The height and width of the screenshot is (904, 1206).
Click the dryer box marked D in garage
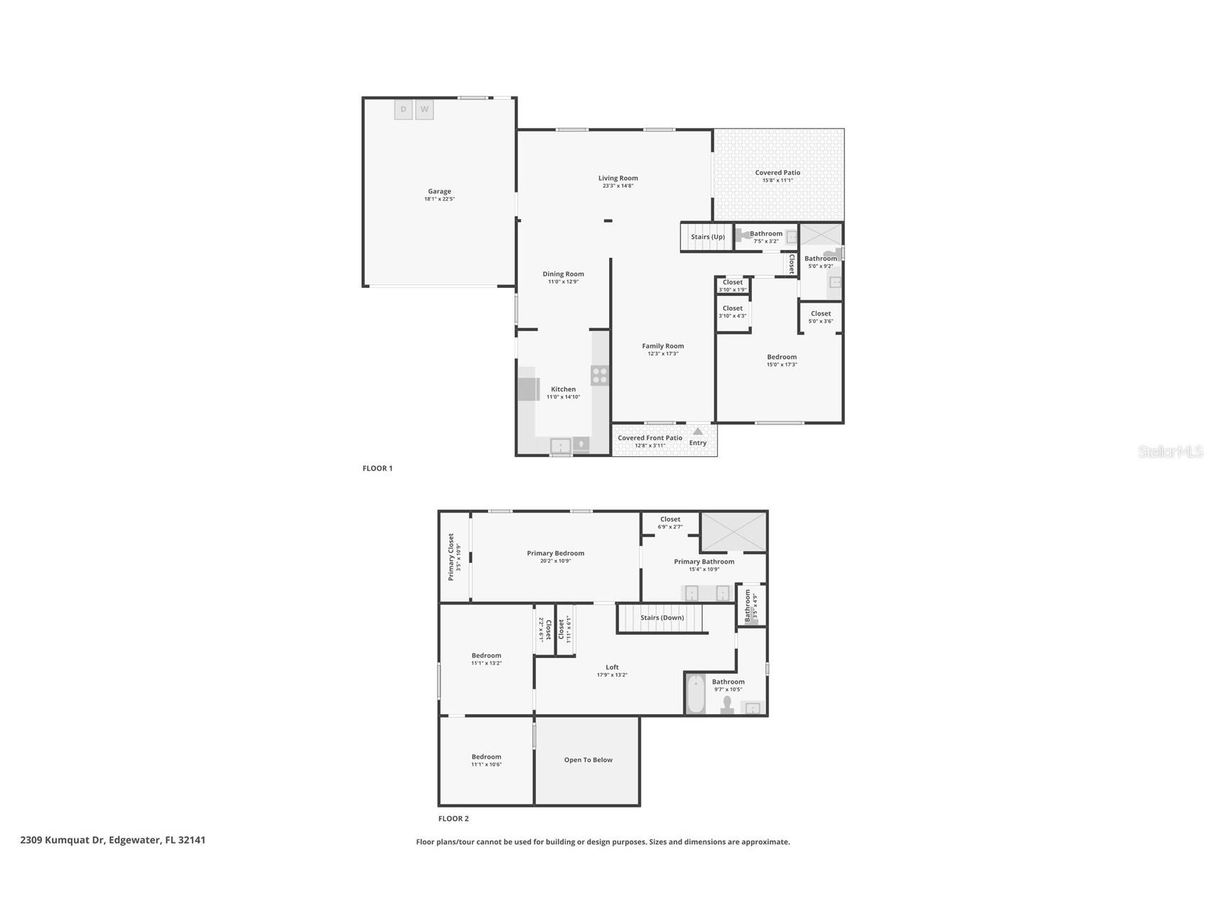click(x=403, y=109)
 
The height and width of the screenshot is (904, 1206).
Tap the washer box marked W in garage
click(x=424, y=109)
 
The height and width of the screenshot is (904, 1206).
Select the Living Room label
click(x=618, y=178)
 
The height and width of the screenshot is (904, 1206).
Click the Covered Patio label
click(x=777, y=173)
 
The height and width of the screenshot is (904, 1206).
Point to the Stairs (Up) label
click(x=708, y=237)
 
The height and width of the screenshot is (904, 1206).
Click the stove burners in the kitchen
click(x=600, y=375)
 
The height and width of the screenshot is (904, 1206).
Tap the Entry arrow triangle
click(x=698, y=431)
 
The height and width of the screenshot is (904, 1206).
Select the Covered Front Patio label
click(x=650, y=438)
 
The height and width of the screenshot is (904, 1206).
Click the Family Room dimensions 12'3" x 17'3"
click(x=663, y=354)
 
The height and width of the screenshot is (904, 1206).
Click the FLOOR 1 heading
click(x=377, y=468)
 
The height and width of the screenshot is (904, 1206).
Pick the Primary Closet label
click(x=451, y=556)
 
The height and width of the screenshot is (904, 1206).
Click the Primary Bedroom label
click(x=555, y=553)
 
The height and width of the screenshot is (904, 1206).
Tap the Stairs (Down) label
click(x=662, y=618)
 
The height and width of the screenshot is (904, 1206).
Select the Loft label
click(x=612, y=667)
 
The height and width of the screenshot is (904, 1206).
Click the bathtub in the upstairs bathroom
click(x=696, y=694)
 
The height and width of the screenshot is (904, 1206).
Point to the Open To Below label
click(x=588, y=760)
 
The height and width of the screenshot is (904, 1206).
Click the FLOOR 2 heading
click(x=453, y=819)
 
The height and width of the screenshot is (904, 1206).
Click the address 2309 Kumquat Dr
click(x=63, y=840)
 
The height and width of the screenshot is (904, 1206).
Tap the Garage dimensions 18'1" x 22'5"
click(x=439, y=199)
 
